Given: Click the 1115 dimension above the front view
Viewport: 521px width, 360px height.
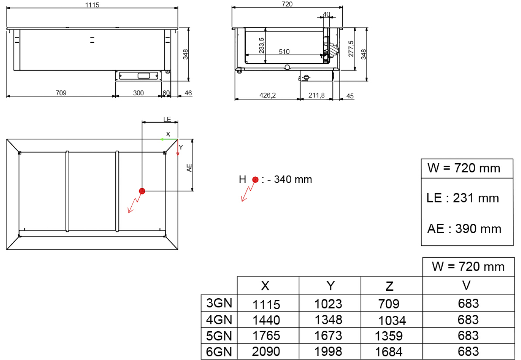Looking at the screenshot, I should click(92, 5).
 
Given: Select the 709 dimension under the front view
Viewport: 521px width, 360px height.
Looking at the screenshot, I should click(61, 93).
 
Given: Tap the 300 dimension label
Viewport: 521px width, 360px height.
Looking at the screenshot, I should click(138, 93).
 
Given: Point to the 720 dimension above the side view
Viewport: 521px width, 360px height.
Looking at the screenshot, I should click(287, 4).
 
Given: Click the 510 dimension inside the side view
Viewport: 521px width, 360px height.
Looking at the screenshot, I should click(284, 51).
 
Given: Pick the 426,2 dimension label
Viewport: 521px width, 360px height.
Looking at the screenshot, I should click(267, 95).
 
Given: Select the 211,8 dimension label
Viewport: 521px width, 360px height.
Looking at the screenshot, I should click(316, 95).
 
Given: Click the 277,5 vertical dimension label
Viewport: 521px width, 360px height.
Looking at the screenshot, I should click(351, 49).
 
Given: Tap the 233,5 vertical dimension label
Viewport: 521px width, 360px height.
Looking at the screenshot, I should click(262, 45).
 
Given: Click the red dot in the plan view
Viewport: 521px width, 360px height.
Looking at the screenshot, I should click(142, 191).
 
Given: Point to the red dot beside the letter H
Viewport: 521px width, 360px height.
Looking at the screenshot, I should click(255, 179).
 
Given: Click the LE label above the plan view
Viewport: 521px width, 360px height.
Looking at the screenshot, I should click(167, 119).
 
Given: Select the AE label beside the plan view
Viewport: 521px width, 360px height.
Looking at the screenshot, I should click(189, 168).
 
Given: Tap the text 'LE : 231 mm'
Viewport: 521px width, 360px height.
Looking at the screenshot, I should click(463, 198).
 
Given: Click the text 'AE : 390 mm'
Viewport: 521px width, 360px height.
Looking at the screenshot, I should click(464, 229).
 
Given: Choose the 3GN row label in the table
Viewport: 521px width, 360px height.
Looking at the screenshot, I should click(219, 303).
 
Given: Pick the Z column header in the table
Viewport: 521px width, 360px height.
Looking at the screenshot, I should click(389, 286).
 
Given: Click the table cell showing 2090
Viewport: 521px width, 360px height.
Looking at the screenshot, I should click(266, 351).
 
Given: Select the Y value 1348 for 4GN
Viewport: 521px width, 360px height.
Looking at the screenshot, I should click(328, 320).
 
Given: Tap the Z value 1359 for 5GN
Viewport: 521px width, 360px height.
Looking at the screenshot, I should click(389, 336).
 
